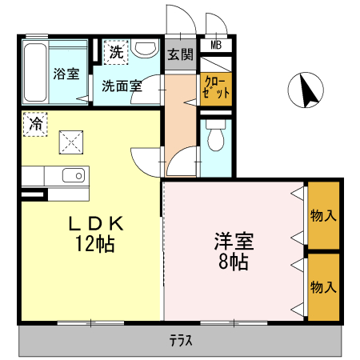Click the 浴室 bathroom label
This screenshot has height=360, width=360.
(x=66, y=74)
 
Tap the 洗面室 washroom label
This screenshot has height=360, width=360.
(x=122, y=86)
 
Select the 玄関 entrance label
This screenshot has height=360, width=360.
(x=180, y=55)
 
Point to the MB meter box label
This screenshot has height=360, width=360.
(x=215, y=46)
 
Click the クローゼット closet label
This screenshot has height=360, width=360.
(x=216, y=86)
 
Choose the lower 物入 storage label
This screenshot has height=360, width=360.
(x=322, y=286)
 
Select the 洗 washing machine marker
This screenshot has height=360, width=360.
(x=117, y=54)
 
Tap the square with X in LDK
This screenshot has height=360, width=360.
(x=70, y=143)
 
